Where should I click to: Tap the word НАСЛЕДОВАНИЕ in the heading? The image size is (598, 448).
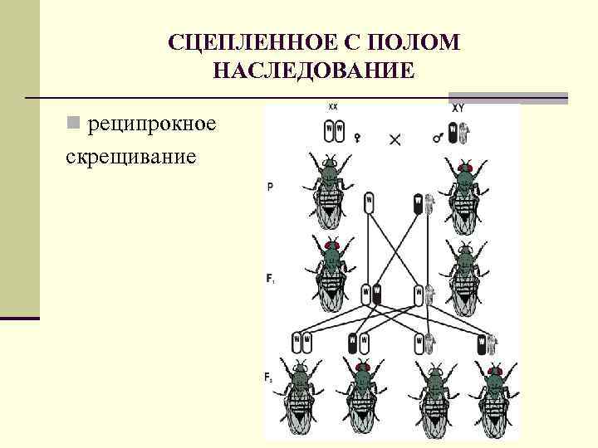312,71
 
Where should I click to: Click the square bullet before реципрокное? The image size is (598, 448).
74,124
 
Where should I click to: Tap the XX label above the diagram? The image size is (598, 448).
333,107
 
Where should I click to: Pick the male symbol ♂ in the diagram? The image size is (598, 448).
437,139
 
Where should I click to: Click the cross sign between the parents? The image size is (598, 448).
395,139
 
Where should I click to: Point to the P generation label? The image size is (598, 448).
271,187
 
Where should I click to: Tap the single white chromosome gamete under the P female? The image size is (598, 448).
369,202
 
